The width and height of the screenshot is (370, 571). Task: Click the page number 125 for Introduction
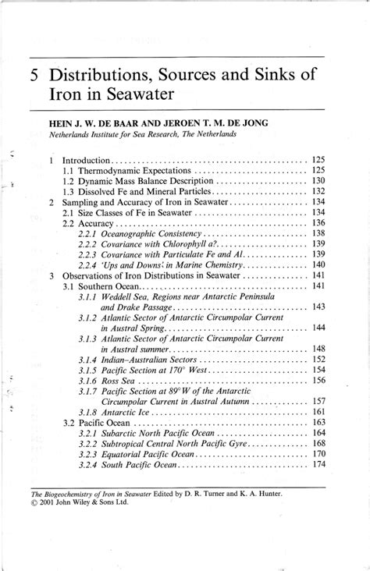pos(318,159)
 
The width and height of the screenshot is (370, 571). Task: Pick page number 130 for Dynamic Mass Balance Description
pos(318,181)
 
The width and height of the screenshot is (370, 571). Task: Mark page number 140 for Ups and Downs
pos(318,265)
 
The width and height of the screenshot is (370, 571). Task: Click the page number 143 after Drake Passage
pos(318,307)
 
